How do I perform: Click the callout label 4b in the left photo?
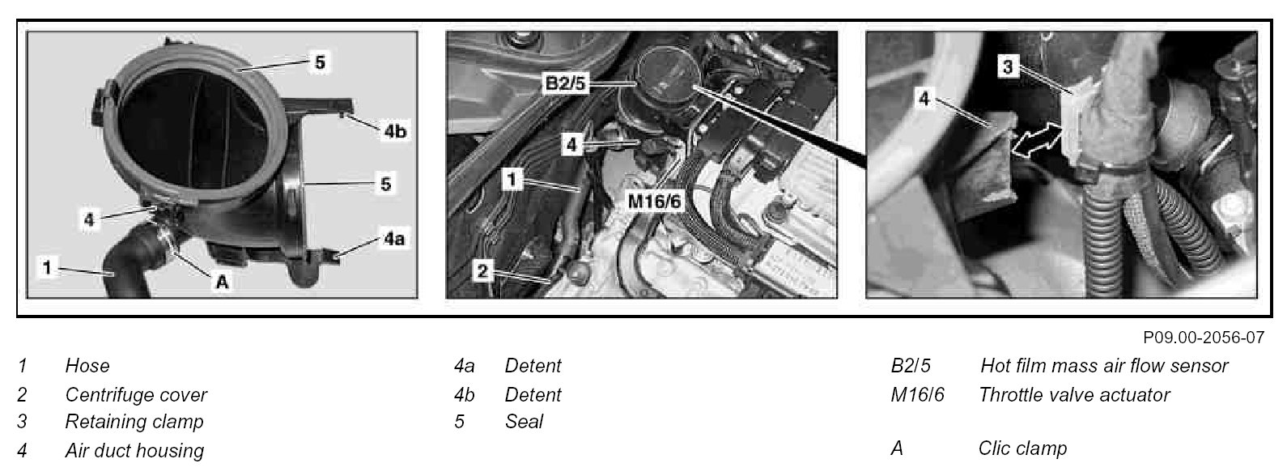395,131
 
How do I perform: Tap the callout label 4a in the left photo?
394,238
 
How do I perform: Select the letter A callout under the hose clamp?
222,282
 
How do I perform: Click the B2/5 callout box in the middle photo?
565,83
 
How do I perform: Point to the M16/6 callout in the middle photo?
654,201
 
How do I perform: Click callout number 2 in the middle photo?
482,270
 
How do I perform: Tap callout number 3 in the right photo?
1008,66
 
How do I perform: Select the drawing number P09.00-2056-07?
1204,338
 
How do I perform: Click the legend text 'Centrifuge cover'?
136,395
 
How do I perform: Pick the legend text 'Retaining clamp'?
134,422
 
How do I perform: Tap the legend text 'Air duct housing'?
134,451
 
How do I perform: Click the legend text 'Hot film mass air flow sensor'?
1104,366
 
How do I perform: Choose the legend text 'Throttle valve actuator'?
1074,395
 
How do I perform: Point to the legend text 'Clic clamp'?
1022,448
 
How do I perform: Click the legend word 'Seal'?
524,422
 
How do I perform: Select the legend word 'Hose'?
87,366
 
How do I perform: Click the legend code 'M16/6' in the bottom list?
918,395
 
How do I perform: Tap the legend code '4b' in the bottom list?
465,395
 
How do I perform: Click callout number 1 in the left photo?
47,267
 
